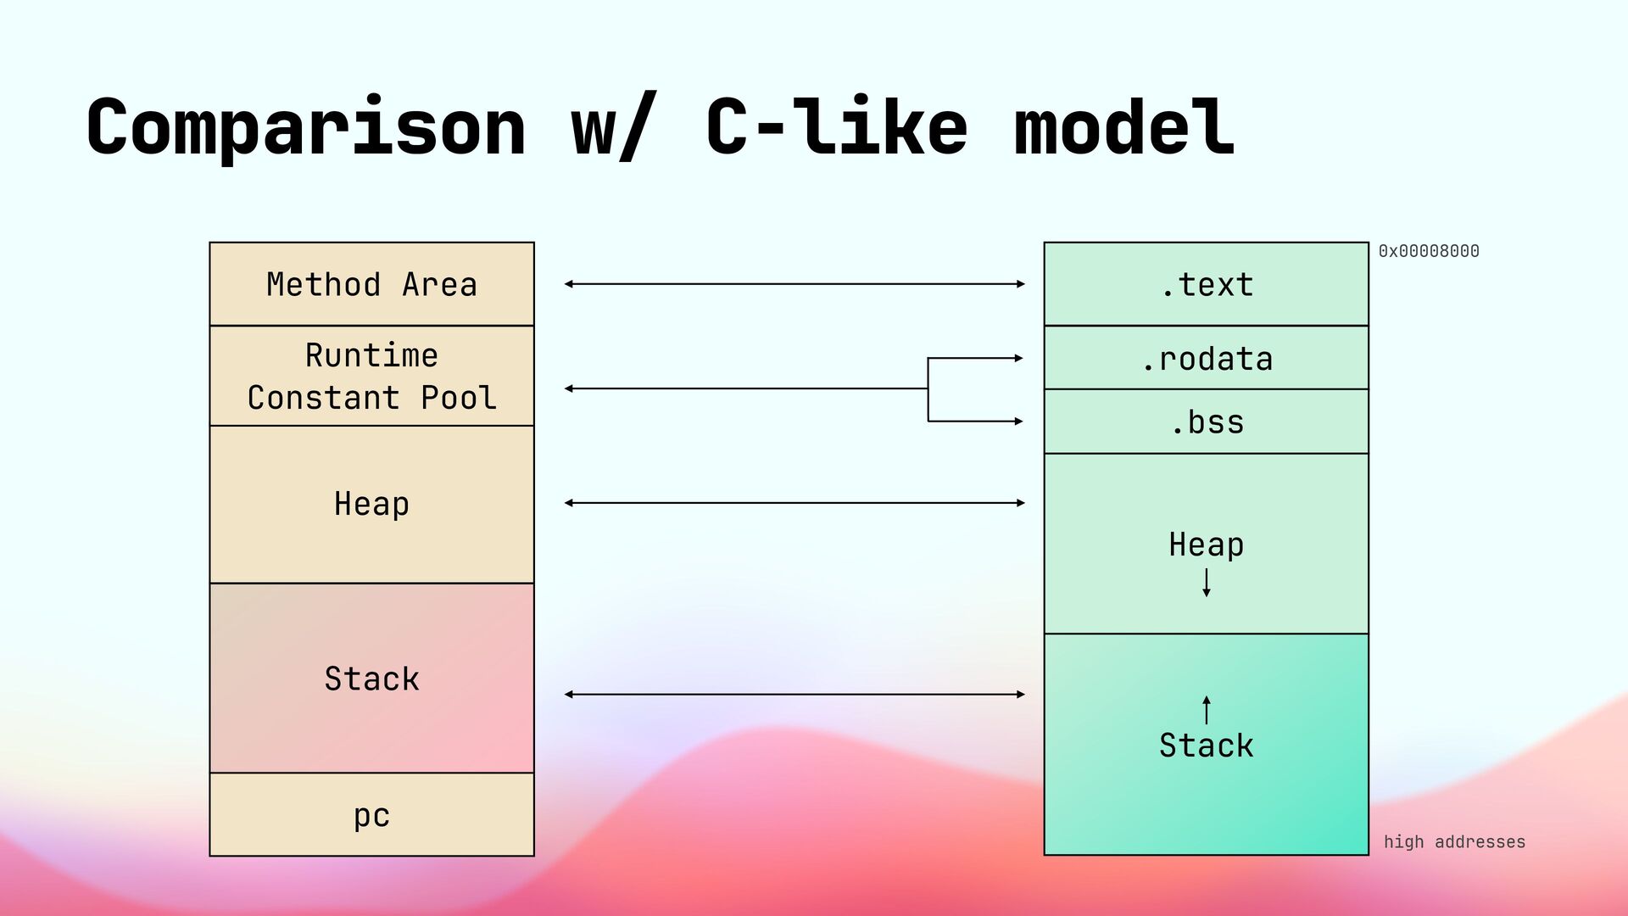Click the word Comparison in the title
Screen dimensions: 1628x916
[x=306, y=127]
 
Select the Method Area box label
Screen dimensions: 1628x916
[x=371, y=284]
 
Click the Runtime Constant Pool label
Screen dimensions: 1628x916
[x=371, y=376]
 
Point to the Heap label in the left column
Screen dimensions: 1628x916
[x=371, y=504]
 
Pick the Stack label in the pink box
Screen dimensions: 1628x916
[x=371, y=679]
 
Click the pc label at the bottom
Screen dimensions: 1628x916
[x=371, y=816]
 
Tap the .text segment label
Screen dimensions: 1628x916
[x=1207, y=285]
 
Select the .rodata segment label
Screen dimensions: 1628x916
[x=1207, y=360]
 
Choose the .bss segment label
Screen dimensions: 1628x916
[x=1207, y=422]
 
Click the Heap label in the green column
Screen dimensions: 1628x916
[x=1207, y=545]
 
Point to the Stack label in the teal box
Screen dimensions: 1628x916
[x=1207, y=746]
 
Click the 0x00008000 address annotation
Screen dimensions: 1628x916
[x=1429, y=251]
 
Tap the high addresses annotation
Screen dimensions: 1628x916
[x=1454, y=841]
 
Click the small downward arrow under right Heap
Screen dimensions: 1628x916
[x=1207, y=583]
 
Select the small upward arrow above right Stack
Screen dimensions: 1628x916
[x=1207, y=710]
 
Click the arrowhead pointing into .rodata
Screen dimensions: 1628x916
[x=1019, y=359]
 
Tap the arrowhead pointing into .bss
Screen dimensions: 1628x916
[x=1019, y=422]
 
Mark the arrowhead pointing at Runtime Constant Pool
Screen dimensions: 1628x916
[x=569, y=388]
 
